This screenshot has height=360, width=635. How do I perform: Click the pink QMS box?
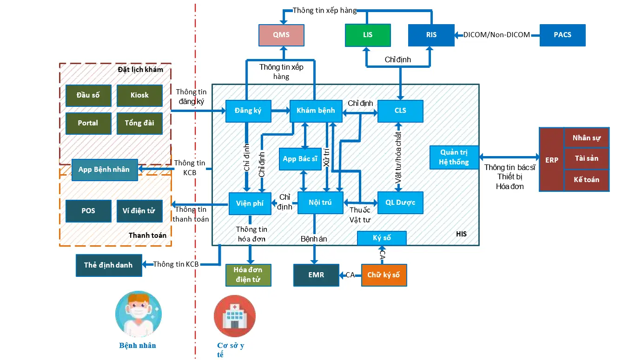[281, 35]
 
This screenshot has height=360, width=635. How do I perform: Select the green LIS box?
[368, 35]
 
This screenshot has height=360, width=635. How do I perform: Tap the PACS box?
[562, 35]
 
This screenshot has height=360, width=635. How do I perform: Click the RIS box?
[431, 35]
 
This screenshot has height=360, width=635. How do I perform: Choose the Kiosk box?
[139, 95]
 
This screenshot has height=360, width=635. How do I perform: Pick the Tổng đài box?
[139, 123]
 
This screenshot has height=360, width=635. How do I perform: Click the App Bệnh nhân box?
[105, 170]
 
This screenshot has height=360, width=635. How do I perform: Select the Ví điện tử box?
[139, 211]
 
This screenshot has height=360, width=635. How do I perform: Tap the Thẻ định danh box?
[109, 265]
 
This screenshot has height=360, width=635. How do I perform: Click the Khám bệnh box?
[316, 111]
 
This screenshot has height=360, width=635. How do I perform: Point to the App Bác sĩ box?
[300, 159]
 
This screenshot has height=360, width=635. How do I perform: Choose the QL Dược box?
[400, 203]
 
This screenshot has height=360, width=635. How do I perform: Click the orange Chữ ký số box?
[384, 275]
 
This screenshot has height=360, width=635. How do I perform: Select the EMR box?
[316, 275]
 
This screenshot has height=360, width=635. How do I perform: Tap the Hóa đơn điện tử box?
[248, 275]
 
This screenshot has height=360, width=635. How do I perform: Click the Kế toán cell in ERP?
[587, 180]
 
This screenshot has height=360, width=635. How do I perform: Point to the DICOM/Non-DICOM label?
[496, 35]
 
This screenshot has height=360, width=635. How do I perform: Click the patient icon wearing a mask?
[139, 314]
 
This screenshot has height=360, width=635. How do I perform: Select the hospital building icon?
[235, 316]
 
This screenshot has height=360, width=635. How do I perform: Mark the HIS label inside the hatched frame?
[461, 234]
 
